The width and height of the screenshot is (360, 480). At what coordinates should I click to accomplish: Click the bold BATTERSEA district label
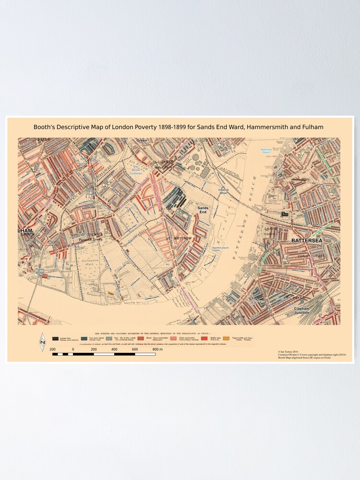tap(308, 239)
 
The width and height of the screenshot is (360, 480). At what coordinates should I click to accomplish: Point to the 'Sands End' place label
tap(203, 209)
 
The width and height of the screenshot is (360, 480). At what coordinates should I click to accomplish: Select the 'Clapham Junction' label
tap(308, 310)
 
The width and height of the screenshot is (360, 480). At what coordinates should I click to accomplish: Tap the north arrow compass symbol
tap(42, 342)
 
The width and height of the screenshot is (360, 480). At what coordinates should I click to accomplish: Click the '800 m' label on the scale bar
tap(158, 349)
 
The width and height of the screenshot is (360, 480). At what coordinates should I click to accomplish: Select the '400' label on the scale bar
tap(114, 349)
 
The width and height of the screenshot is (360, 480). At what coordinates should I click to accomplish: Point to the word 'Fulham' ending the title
tap(313, 127)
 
